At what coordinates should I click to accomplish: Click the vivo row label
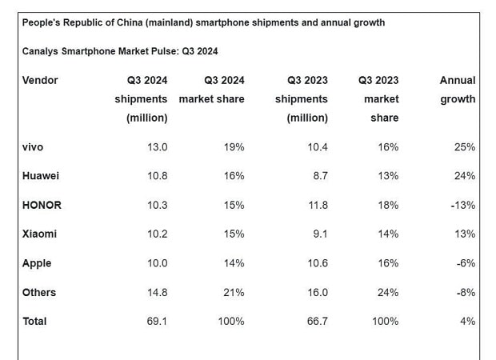[x=33, y=147]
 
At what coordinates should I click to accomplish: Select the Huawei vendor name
[x=41, y=176]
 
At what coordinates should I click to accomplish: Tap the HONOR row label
[x=42, y=205]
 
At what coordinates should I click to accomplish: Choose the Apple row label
[x=37, y=263]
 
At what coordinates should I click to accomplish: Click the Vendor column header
[x=40, y=80]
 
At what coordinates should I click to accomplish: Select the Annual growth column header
[x=458, y=90]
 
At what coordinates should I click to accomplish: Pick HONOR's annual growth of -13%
[x=462, y=205]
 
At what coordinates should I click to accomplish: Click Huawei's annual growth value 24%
[x=464, y=176]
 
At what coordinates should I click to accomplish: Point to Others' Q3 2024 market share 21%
[x=234, y=292]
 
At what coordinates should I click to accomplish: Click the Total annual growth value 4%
[x=467, y=321]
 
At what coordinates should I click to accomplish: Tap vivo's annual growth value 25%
[x=464, y=147]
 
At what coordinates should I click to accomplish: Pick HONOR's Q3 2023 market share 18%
[x=387, y=205]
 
